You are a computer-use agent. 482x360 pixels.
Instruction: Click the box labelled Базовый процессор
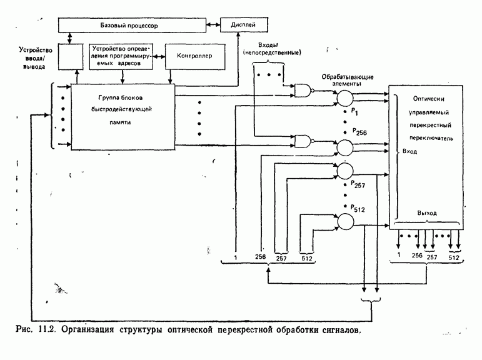click(x=131, y=26)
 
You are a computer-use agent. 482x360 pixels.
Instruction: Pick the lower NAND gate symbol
click(x=304, y=141)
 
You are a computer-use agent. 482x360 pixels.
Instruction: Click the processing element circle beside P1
click(x=345, y=97)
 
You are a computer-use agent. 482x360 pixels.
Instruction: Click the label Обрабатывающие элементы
click(x=343, y=79)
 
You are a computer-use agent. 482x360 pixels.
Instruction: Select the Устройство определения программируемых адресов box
click(x=121, y=55)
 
